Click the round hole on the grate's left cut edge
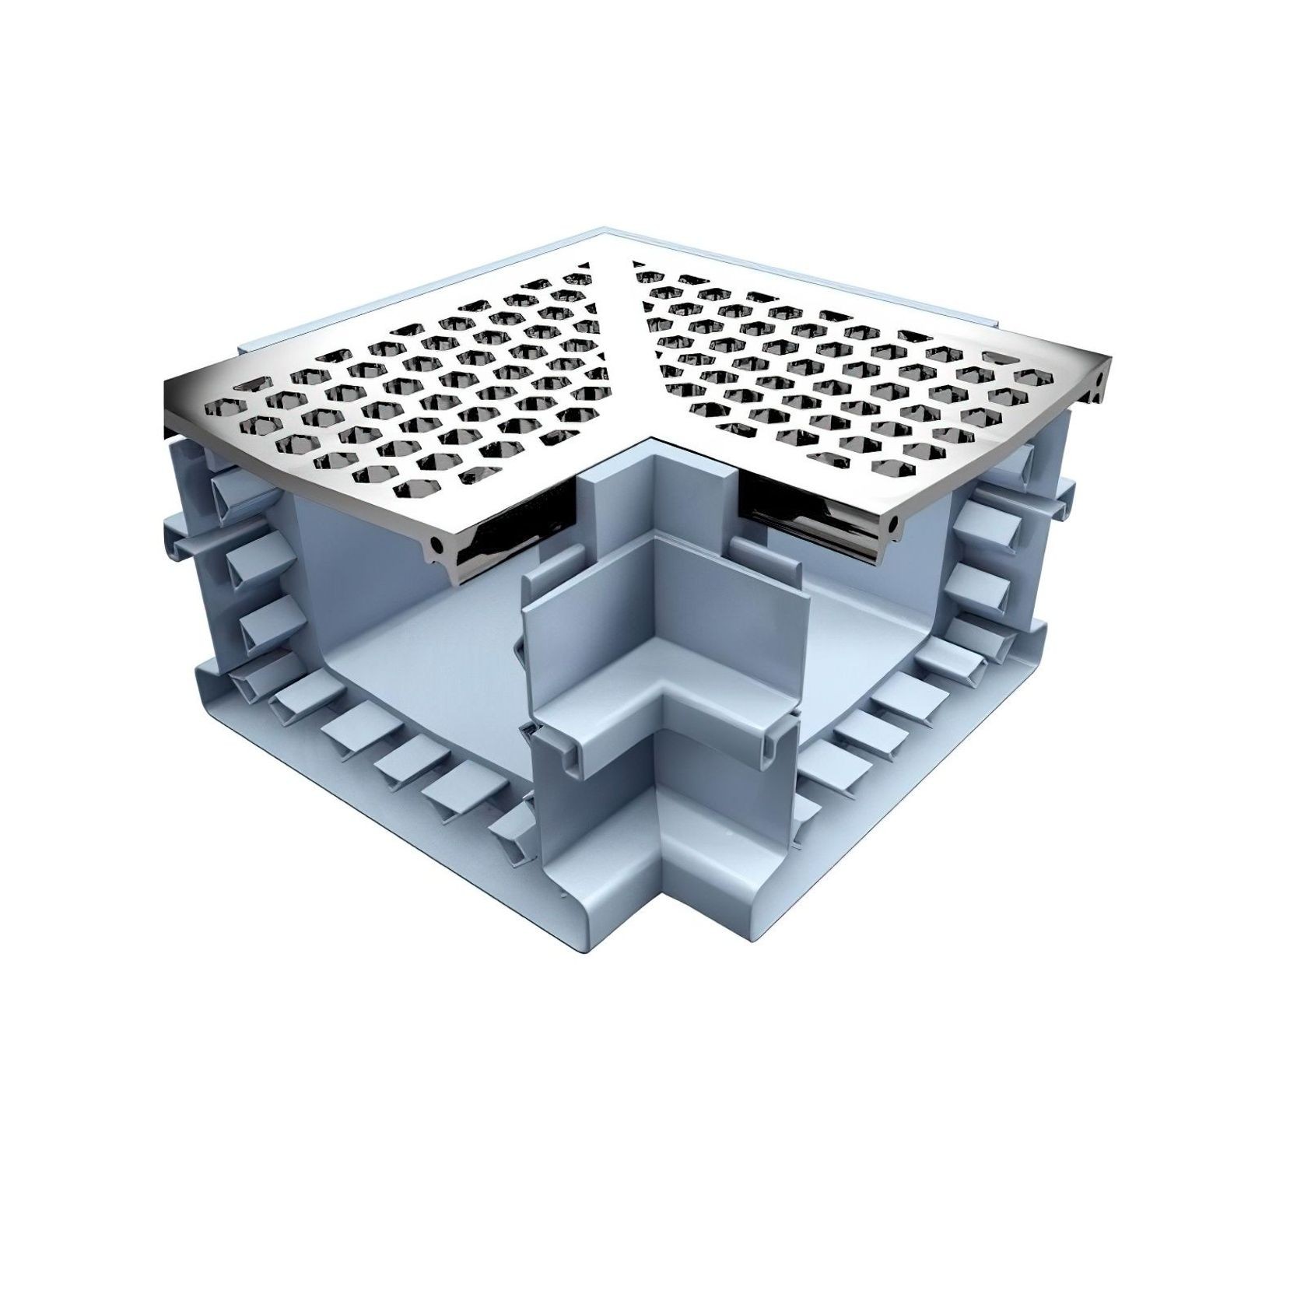(437, 548)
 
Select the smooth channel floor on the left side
(420, 654)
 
